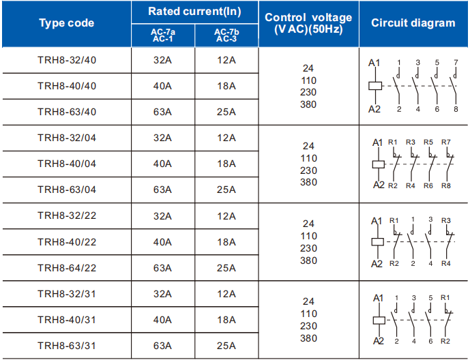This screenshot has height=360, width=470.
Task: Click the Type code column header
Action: tap(67, 23)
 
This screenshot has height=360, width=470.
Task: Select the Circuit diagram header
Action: tap(413, 23)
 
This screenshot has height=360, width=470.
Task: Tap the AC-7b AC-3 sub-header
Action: tap(226, 35)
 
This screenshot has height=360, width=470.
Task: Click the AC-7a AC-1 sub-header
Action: tap(163, 35)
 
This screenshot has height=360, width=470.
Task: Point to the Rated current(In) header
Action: tap(194, 12)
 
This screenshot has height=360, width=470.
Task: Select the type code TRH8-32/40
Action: tap(67, 60)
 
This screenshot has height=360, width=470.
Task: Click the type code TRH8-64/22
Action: tap(67, 268)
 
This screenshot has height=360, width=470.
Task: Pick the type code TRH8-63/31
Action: tap(67, 346)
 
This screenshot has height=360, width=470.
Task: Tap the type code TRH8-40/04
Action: tap(67, 164)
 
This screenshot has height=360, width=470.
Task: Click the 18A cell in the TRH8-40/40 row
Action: tap(226, 87)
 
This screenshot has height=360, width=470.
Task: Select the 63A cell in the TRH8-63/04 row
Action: tap(162, 190)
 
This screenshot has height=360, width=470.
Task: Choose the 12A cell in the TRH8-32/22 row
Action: tap(226, 216)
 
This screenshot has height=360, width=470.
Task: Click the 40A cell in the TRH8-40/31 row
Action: tap(162, 320)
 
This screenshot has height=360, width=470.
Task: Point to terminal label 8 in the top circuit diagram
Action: tap(456, 109)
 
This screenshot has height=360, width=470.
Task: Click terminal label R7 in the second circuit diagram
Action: tap(446, 142)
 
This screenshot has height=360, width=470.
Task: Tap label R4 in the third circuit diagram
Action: tap(446, 264)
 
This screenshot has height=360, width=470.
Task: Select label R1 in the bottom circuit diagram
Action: tap(445, 298)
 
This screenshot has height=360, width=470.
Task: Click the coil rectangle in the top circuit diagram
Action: tap(375, 86)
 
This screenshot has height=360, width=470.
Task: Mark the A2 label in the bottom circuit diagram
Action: tap(379, 341)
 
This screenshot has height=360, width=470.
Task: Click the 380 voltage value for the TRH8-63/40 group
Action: tap(308, 104)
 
